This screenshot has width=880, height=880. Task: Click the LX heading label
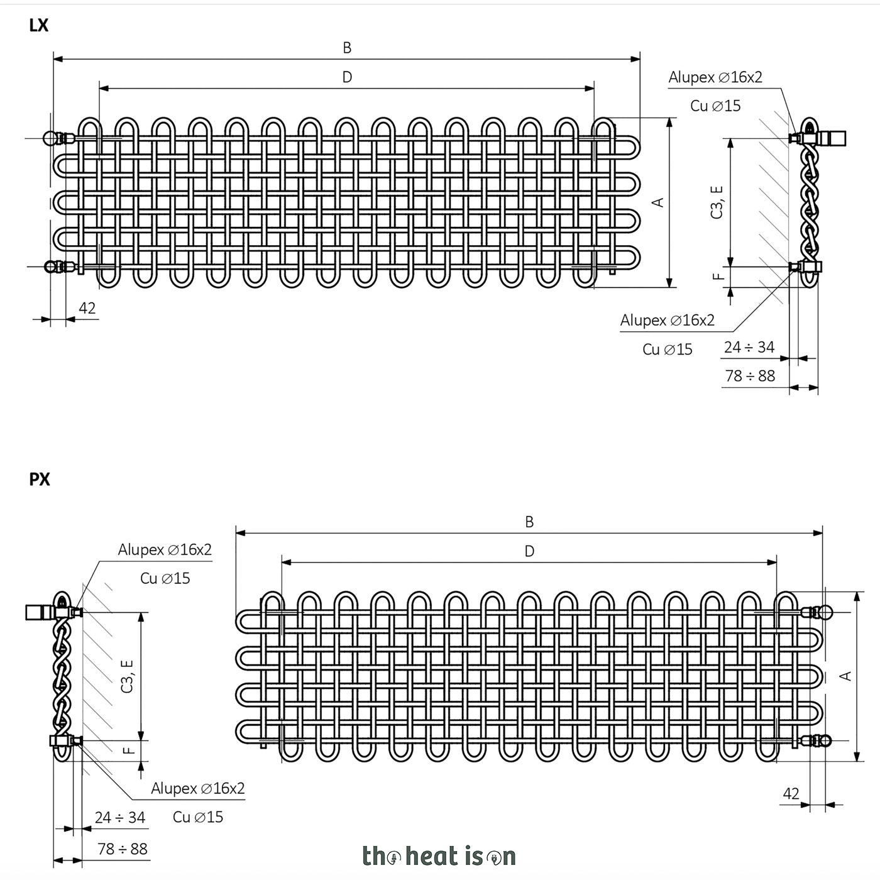(x=39, y=26)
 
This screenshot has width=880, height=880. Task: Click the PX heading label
(x=39, y=480)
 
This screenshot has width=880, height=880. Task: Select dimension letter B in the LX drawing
(x=347, y=48)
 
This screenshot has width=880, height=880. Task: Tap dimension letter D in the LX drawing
(x=347, y=77)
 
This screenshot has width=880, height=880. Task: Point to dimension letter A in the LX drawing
(x=659, y=202)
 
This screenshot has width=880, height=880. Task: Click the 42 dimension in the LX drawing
(x=87, y=308)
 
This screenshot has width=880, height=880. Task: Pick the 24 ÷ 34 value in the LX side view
(x=749, y=348)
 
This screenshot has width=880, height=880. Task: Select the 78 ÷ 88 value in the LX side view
(x=751, y=376)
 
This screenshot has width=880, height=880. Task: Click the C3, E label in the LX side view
(x=717, y=202)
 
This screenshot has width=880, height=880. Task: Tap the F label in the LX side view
(x=718, y=276)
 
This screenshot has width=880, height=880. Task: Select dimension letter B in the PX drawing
(x=529, y=522)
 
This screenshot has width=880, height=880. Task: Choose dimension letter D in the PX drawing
(x=529, y=551)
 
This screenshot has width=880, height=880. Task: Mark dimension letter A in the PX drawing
(x=846, y=676)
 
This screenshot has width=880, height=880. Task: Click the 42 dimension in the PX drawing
(x=791, y=794)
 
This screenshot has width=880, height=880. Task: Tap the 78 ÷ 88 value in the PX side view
(x=123, y=849)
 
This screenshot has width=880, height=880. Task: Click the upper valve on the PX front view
(x=817, y=612)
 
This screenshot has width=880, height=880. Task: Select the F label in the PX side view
(x=129, y=750)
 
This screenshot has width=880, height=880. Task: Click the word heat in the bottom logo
(x=432, y=855)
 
